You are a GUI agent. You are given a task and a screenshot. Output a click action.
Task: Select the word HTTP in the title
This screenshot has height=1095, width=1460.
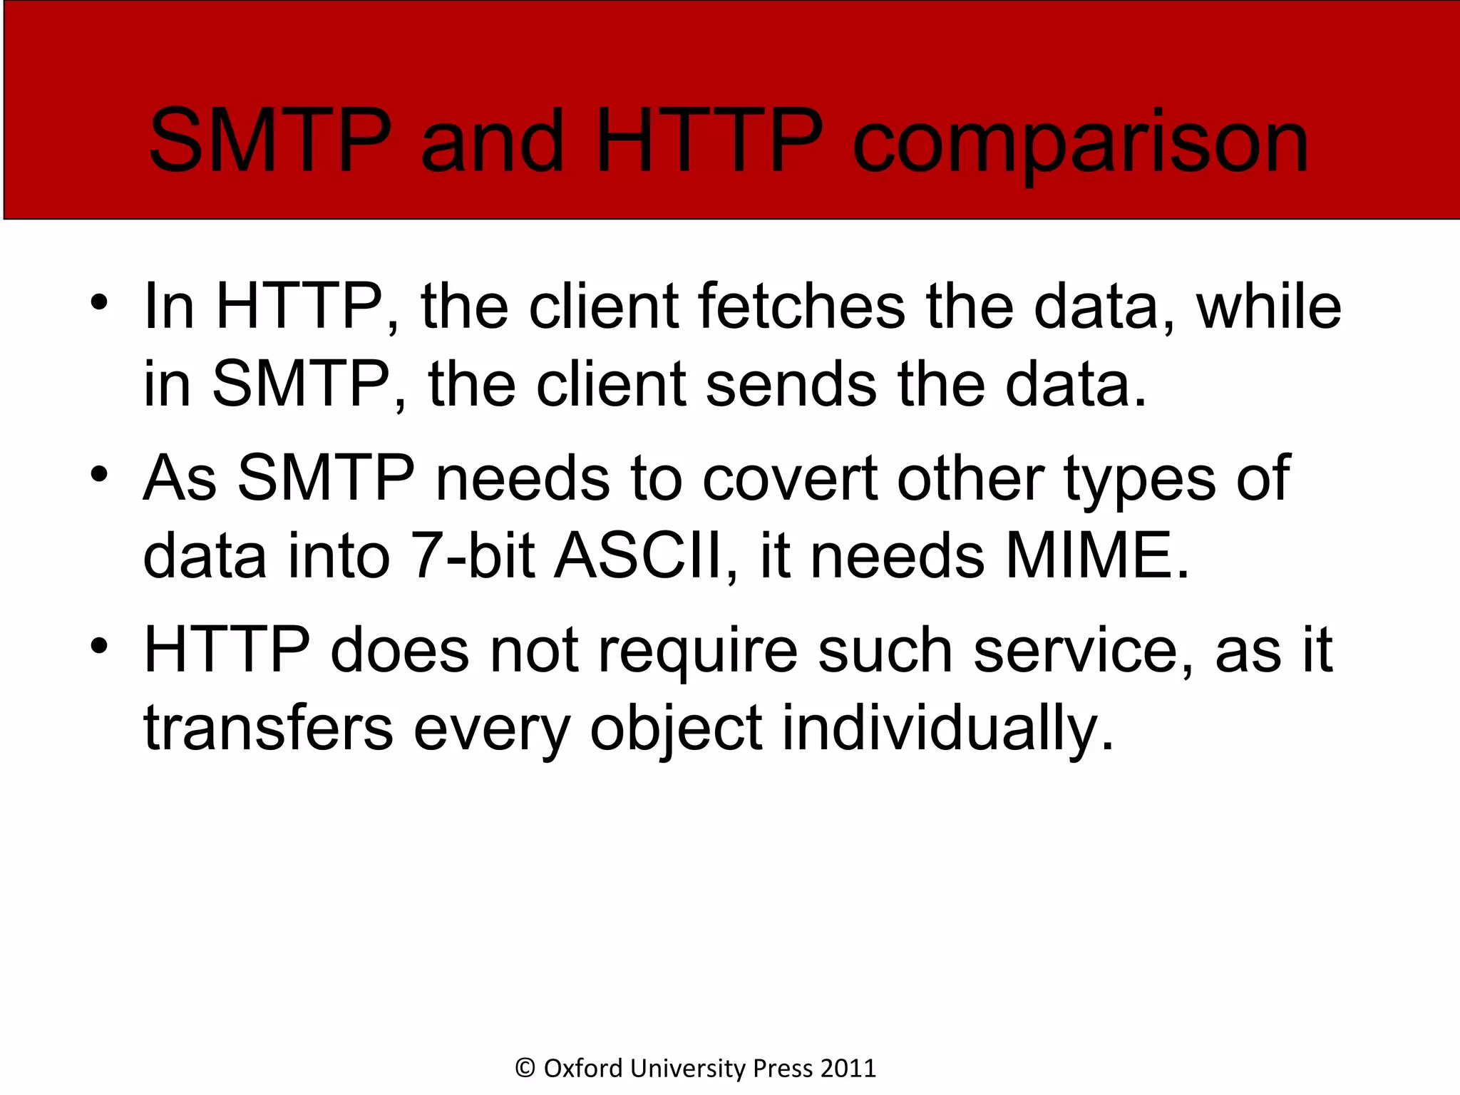point(709,140)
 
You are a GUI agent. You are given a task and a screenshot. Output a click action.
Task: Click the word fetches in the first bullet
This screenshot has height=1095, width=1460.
point(801,307)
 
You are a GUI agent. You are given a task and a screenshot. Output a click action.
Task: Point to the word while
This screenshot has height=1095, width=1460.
point(1269,307)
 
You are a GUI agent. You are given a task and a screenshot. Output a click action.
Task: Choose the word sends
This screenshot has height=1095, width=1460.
point(791,385)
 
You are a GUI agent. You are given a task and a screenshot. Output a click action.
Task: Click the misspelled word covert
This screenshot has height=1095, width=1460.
point(790,478)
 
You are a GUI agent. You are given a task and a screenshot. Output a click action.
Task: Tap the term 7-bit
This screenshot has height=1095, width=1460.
point(472,556)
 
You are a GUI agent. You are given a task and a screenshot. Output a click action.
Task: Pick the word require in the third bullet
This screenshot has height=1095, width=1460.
point(697,651)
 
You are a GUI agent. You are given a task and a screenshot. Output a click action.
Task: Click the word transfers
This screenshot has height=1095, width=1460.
point(268,729)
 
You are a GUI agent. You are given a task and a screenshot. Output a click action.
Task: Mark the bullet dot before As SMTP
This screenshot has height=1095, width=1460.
point(99,473)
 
